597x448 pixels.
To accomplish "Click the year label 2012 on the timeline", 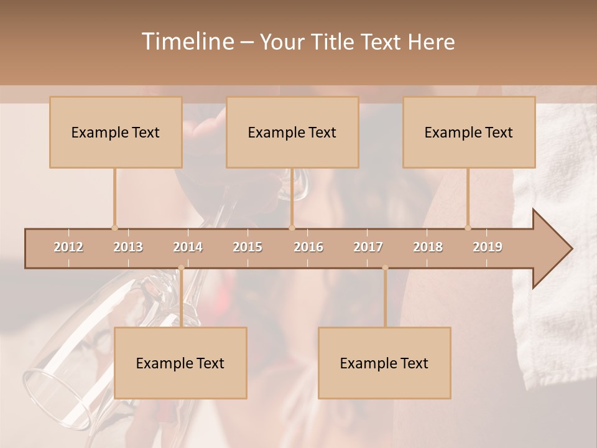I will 68,248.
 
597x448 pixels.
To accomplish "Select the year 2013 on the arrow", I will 128,248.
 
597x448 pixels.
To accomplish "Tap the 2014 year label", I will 188,248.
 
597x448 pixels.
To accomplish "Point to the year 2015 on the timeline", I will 248,248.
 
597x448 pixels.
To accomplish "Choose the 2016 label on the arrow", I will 308,248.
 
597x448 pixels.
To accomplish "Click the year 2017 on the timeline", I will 368,248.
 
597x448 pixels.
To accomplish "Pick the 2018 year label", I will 428,248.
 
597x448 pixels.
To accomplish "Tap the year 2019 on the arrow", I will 488,248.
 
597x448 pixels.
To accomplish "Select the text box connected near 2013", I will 116,133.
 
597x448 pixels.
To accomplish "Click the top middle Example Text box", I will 292,133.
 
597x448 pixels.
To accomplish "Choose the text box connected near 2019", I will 469,133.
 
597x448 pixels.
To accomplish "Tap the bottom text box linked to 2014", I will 180,363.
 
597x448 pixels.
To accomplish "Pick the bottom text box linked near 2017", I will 384,363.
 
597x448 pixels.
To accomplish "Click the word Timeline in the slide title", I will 188,42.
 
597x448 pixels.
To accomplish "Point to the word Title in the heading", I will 335,42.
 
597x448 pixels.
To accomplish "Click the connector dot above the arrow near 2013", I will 114,228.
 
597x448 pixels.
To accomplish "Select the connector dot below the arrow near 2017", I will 385,268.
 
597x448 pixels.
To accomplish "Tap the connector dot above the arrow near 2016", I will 292,228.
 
